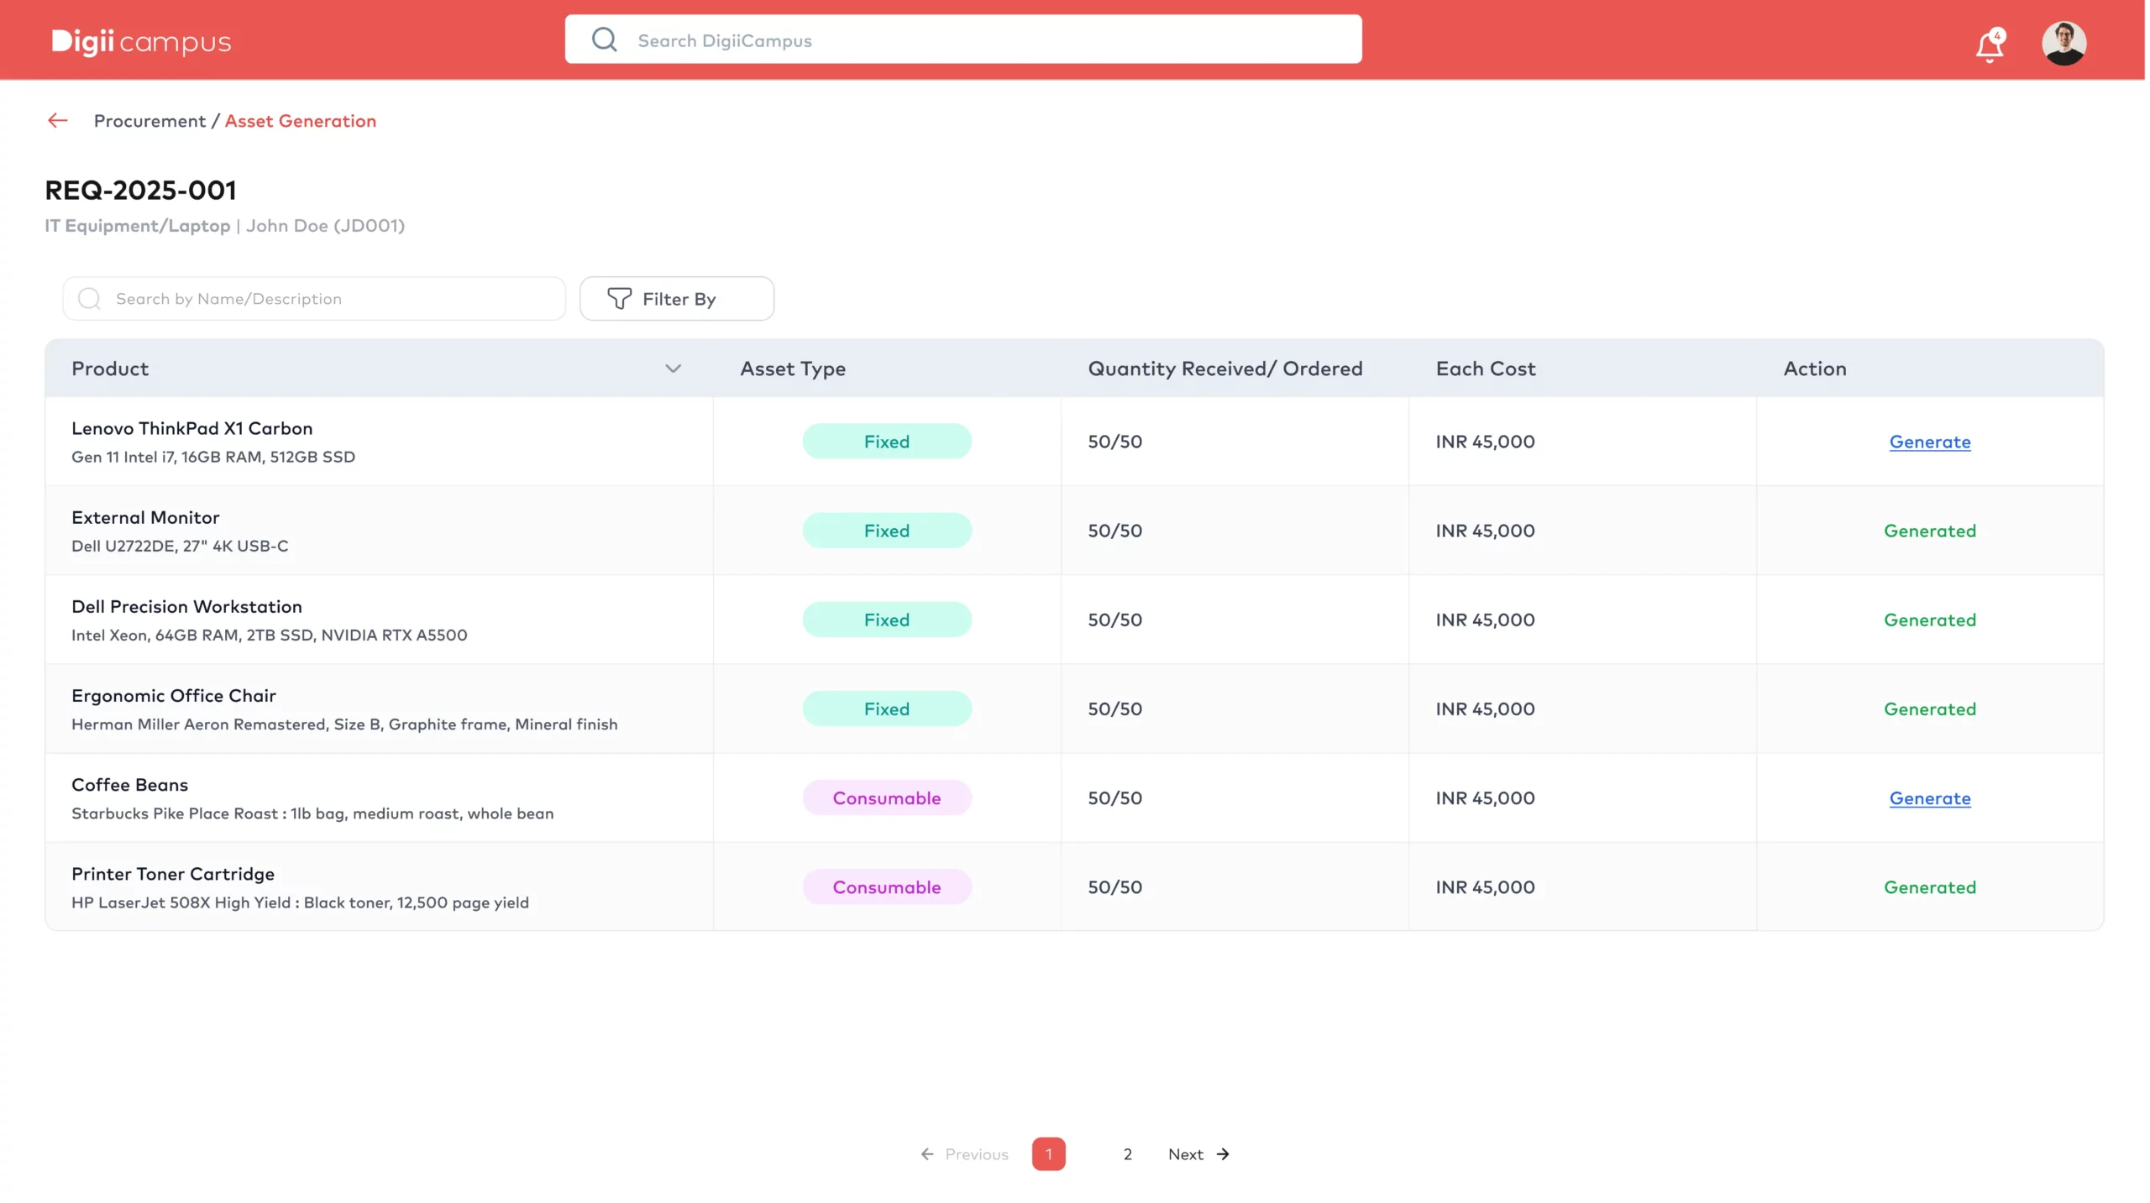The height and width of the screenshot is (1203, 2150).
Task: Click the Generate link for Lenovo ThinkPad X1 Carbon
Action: pos(1929,442)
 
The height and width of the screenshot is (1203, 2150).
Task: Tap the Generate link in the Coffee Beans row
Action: pos(1929,798)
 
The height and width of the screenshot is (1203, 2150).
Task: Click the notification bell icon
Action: pos(1990,45)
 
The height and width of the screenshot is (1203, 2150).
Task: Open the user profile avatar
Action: pos(2063,43)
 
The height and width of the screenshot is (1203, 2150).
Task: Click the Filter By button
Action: pos(676,299)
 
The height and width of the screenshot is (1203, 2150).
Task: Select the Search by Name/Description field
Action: pos(314,299)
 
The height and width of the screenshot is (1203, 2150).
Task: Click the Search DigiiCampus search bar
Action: pos(963,39)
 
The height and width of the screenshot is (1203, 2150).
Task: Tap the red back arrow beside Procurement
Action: pos(57,121)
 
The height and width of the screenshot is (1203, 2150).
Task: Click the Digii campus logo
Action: pos(141,41)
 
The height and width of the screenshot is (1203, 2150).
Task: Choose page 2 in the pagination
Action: pos(1127,1154)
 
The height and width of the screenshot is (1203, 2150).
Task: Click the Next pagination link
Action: pos(1198,1154)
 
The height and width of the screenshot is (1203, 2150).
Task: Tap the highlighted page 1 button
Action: pos(1048,1154)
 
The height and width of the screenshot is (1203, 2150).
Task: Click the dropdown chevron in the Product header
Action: pos(673,369)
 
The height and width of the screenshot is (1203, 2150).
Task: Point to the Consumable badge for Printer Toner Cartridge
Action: pos(887,887)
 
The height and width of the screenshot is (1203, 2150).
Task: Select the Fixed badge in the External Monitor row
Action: pos(887,531)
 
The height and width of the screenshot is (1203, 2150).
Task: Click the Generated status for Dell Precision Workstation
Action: pos(1929,620)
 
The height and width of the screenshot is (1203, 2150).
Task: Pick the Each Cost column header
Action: pos(1485,369)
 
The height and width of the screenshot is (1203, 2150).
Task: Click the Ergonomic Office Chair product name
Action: pos(174,696)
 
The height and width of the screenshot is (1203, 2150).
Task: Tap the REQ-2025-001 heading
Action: pos(140,191)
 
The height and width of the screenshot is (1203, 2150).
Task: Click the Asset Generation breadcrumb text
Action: pos(300,121)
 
